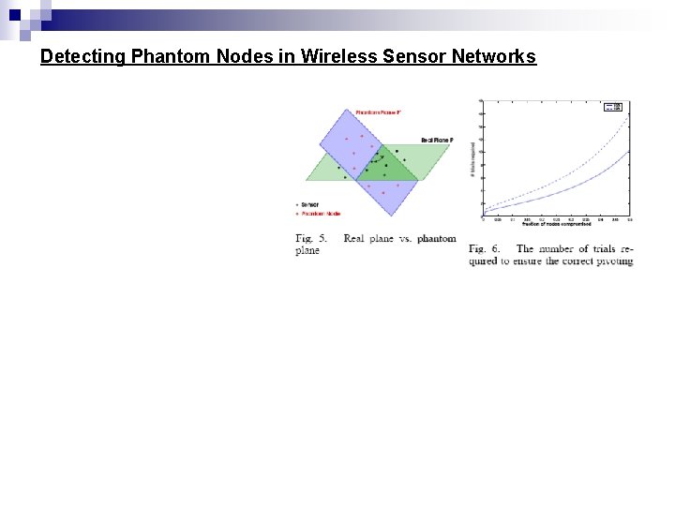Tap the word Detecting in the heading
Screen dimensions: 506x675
click(82, 56)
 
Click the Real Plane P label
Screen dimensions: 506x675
click(436, 140)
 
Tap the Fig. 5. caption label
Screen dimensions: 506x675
click(310, 239)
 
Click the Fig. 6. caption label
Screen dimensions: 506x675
click(485, 249)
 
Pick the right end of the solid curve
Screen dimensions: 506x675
click(629, 152)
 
